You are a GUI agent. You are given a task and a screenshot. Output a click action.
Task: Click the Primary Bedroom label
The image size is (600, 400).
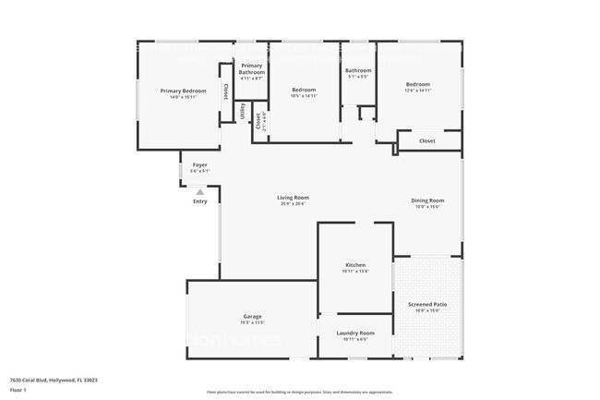pyautogui.click(x=182, y=91)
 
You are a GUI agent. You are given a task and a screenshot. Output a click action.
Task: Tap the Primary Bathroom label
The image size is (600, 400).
pyautogui.click(x=252, y=69)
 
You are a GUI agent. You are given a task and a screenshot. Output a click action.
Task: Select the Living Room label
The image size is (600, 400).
pyautogui.click(x=294, y=197)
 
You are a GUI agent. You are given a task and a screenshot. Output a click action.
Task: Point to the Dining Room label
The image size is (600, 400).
pyautogui.click(x=427, y=200)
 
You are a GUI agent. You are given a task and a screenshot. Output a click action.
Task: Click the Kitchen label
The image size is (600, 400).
pyautogui.click(x=355, y=265)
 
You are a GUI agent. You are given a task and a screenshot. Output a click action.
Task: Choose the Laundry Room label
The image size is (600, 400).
pyautogui.click(x=354, y=333)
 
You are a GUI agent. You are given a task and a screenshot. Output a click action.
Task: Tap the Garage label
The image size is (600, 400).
pyautogui.click(x=252, y=316)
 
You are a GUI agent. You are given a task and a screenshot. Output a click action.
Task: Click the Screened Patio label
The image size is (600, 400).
pyautogui.click(x=426, y=304)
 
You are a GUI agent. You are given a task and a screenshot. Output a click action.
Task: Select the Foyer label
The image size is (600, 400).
pyautogui.click(x=199, y=164)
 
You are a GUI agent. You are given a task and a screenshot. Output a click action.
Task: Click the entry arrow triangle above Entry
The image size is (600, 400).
pyautogui.click(x=199, y=192)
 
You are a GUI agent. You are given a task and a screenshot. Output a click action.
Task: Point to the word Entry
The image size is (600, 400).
pyautogui.click(x=199, y=201)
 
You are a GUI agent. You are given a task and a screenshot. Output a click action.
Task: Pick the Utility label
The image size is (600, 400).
pyautogui.click(x=243, y=112)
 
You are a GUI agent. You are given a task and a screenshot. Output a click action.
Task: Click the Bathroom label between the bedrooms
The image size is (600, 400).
pyautogui.click(x=358, y=70)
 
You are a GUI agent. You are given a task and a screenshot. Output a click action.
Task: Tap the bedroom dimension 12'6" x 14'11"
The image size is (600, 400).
pyautogui.click(x=417, y=91)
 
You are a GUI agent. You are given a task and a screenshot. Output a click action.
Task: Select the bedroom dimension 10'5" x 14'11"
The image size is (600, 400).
pyautogui.click(x=304, y=96)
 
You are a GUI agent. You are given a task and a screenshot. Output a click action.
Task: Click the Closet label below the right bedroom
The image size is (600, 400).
pyautogui.click(x=426, y=141)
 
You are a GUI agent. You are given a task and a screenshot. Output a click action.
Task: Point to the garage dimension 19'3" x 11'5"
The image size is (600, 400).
pyautogui.click(x=252, y=322)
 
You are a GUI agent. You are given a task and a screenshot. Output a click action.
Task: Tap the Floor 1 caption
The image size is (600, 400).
pyautogui.click(x=18, y=391)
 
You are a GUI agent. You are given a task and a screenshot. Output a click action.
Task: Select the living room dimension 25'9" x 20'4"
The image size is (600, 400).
pyautogui.click(x=294, y=203)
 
